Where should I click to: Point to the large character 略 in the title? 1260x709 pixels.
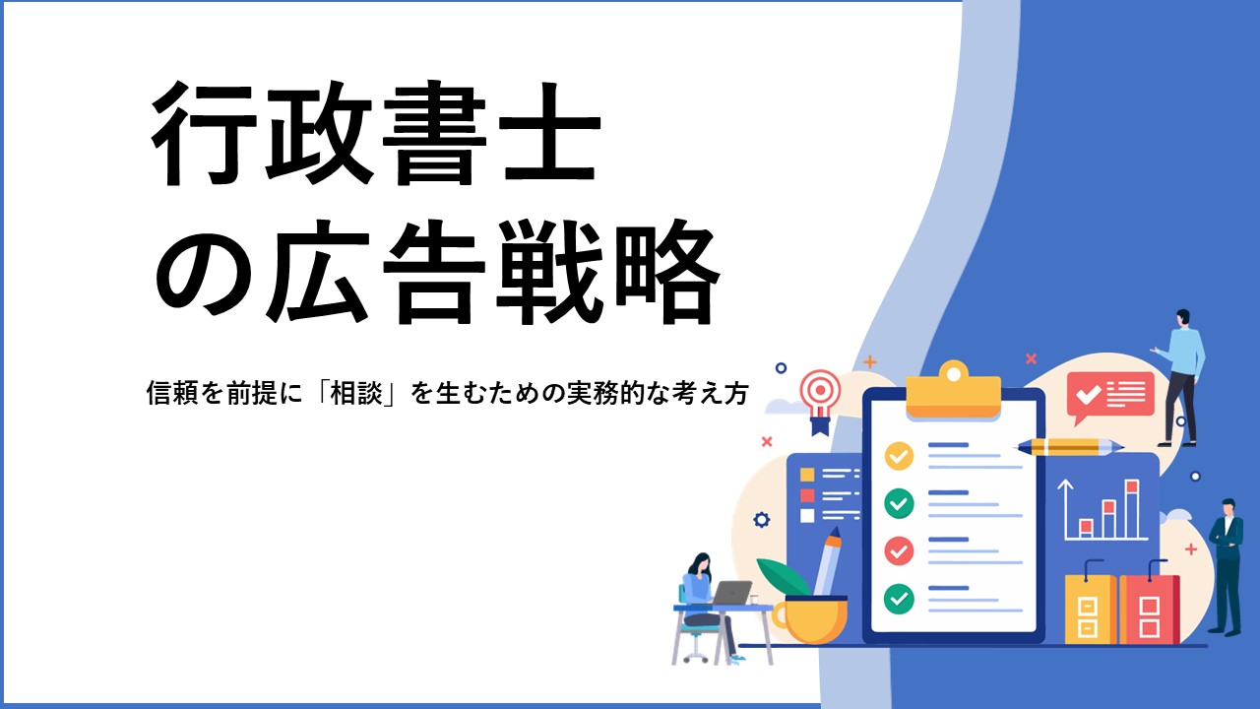pos(667,272)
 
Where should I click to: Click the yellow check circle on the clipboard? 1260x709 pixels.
pos(899,456)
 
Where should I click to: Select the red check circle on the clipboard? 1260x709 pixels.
pos(899,550)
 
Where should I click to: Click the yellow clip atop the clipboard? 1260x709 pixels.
pos(954,390)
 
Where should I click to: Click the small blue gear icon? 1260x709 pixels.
pos(762,519)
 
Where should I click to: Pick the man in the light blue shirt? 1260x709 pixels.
pos(1180,377)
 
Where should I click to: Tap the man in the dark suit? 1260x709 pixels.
pos(1227,566)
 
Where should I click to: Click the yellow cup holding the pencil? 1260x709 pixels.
pos(810,620)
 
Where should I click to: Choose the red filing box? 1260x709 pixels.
pos(1149,609)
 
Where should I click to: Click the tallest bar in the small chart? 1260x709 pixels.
pos(1132,509)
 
